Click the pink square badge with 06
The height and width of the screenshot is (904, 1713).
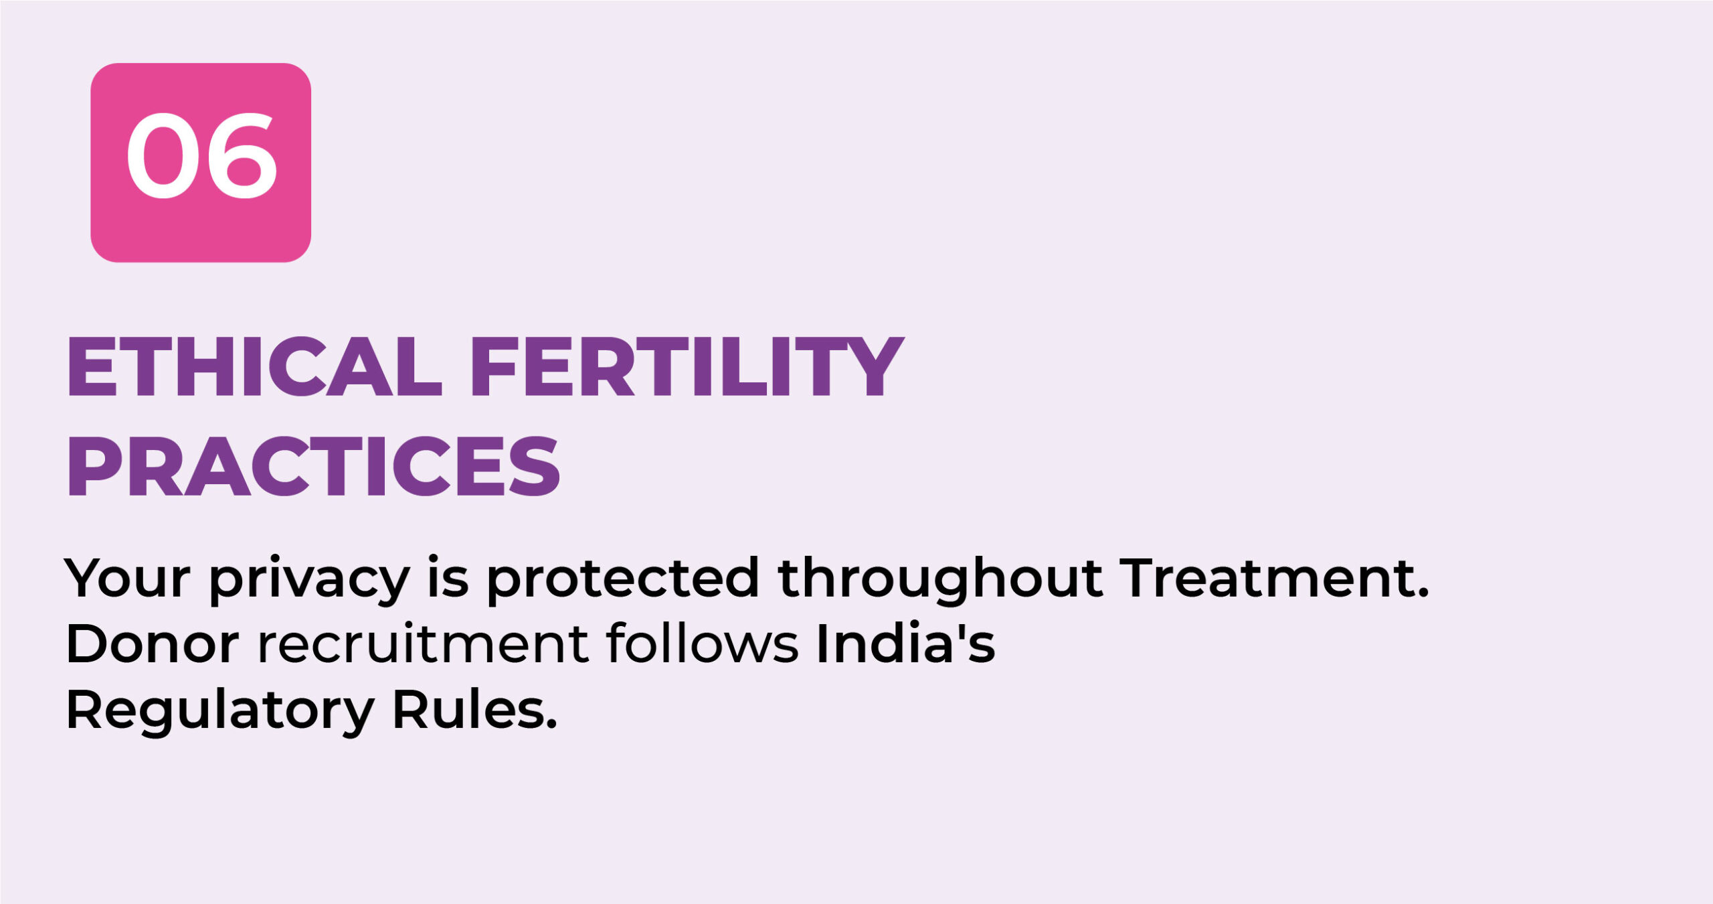point(201,163)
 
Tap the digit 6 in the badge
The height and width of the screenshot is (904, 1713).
point(242,155)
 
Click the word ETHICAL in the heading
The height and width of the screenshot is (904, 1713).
point(254,366)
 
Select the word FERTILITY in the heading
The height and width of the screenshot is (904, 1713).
point(687,366)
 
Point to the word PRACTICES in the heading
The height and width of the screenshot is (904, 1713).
point(313,466)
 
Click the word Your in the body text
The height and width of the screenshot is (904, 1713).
point(127,577)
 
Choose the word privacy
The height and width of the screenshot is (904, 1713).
point(309,580)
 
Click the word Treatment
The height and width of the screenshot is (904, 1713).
point(1268,577)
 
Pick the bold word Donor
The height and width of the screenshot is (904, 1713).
point(153,644)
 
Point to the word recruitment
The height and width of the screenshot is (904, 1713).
point(423,644)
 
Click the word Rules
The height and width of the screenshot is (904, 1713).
point(469,708)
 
